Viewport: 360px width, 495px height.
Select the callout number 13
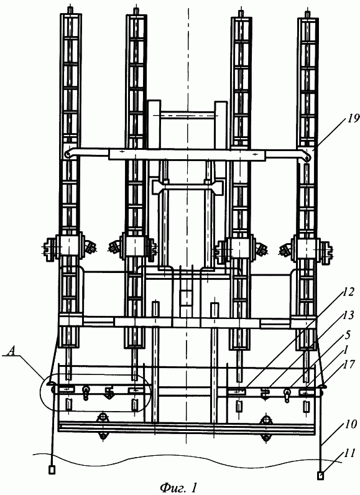[x=348, y=315]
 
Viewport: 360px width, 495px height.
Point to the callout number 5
[x=348, y=335]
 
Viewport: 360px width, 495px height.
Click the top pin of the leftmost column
[x=70, y=9]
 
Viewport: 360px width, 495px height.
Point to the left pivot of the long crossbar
[x=68, y=154]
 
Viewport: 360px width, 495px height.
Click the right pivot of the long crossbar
[x=307, y=159]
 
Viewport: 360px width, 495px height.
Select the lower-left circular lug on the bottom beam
[x=103, y=437]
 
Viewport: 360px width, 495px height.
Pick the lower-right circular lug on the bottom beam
[x=267, y=438]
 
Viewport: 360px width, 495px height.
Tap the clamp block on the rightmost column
[x=305, y=249]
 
